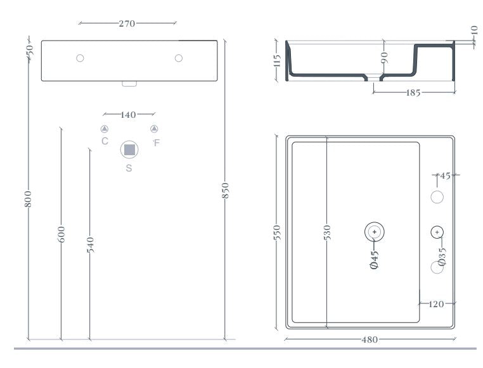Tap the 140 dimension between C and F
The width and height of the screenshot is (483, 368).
click(x=128, y=115)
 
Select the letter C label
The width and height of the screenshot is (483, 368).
click(x=105, y=141)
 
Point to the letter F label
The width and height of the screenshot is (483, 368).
click(x=157, y=143)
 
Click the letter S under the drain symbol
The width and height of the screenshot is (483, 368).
click(x=129, y=168)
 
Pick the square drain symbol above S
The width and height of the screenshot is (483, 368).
click(x=129, y=150)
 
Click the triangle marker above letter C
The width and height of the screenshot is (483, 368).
click(x=105, y=129)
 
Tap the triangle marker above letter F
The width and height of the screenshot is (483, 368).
click(x=154, y=129)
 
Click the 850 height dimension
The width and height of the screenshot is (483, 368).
click(x=225, y=190)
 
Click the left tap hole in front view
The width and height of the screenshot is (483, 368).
click(x=80, y=58)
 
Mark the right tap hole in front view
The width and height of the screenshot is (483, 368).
click(x=179, y=58)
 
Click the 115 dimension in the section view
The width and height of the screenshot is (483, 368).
click(x=277, y=61)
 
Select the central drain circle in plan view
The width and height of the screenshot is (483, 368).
click(x=375, y=232)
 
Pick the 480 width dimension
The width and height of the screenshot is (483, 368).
click(x=370, y=339)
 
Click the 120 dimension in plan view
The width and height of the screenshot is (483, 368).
click(x=436, y=304)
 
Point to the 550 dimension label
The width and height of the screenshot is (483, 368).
click(x=276, y=232)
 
